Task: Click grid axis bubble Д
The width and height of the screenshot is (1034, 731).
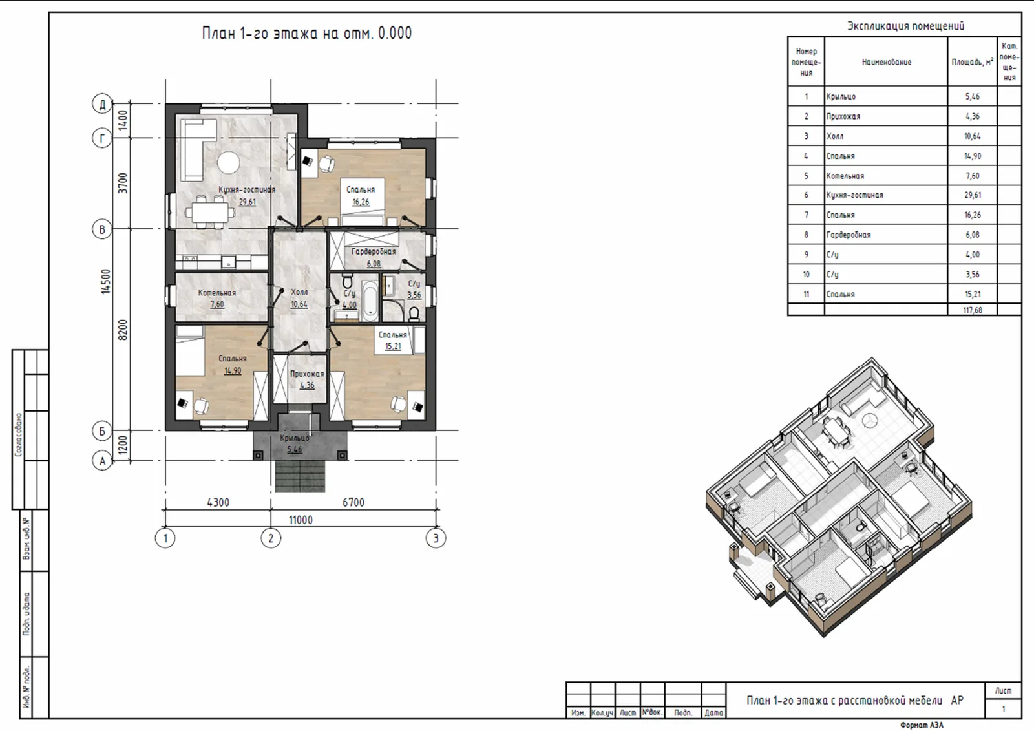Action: point(103,103)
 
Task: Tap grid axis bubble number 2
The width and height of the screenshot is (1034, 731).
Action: point(271,538)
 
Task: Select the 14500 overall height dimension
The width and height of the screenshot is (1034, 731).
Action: point(106,281)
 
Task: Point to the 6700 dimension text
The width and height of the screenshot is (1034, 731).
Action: point(353,502)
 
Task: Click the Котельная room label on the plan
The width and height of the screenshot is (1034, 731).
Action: point(217,293)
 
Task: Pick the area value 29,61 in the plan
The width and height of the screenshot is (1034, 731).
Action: point(247,202)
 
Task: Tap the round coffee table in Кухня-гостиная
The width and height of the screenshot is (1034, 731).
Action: point(229,162)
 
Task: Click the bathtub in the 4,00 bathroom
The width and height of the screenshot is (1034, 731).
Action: point(370,301)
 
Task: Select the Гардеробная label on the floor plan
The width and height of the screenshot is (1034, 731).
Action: point(374,251)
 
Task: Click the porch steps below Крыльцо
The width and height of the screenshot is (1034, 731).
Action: point(300,476)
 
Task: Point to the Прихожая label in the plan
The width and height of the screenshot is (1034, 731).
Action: point(307,374)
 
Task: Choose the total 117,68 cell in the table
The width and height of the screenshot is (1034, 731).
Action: point(972,310)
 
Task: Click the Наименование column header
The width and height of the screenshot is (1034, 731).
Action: point(886,62)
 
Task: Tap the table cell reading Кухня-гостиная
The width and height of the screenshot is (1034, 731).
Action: point(854,195)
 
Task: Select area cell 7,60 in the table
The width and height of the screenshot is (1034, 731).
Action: point(972,175)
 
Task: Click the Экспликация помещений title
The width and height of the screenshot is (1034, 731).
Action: point(905,26)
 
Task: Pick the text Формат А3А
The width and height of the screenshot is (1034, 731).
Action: point(922,725)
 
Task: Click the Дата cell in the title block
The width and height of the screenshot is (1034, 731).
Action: point(713,712)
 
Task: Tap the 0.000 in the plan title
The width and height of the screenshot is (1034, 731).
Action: point(395,33)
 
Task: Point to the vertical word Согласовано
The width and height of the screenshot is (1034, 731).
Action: point(19,435)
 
